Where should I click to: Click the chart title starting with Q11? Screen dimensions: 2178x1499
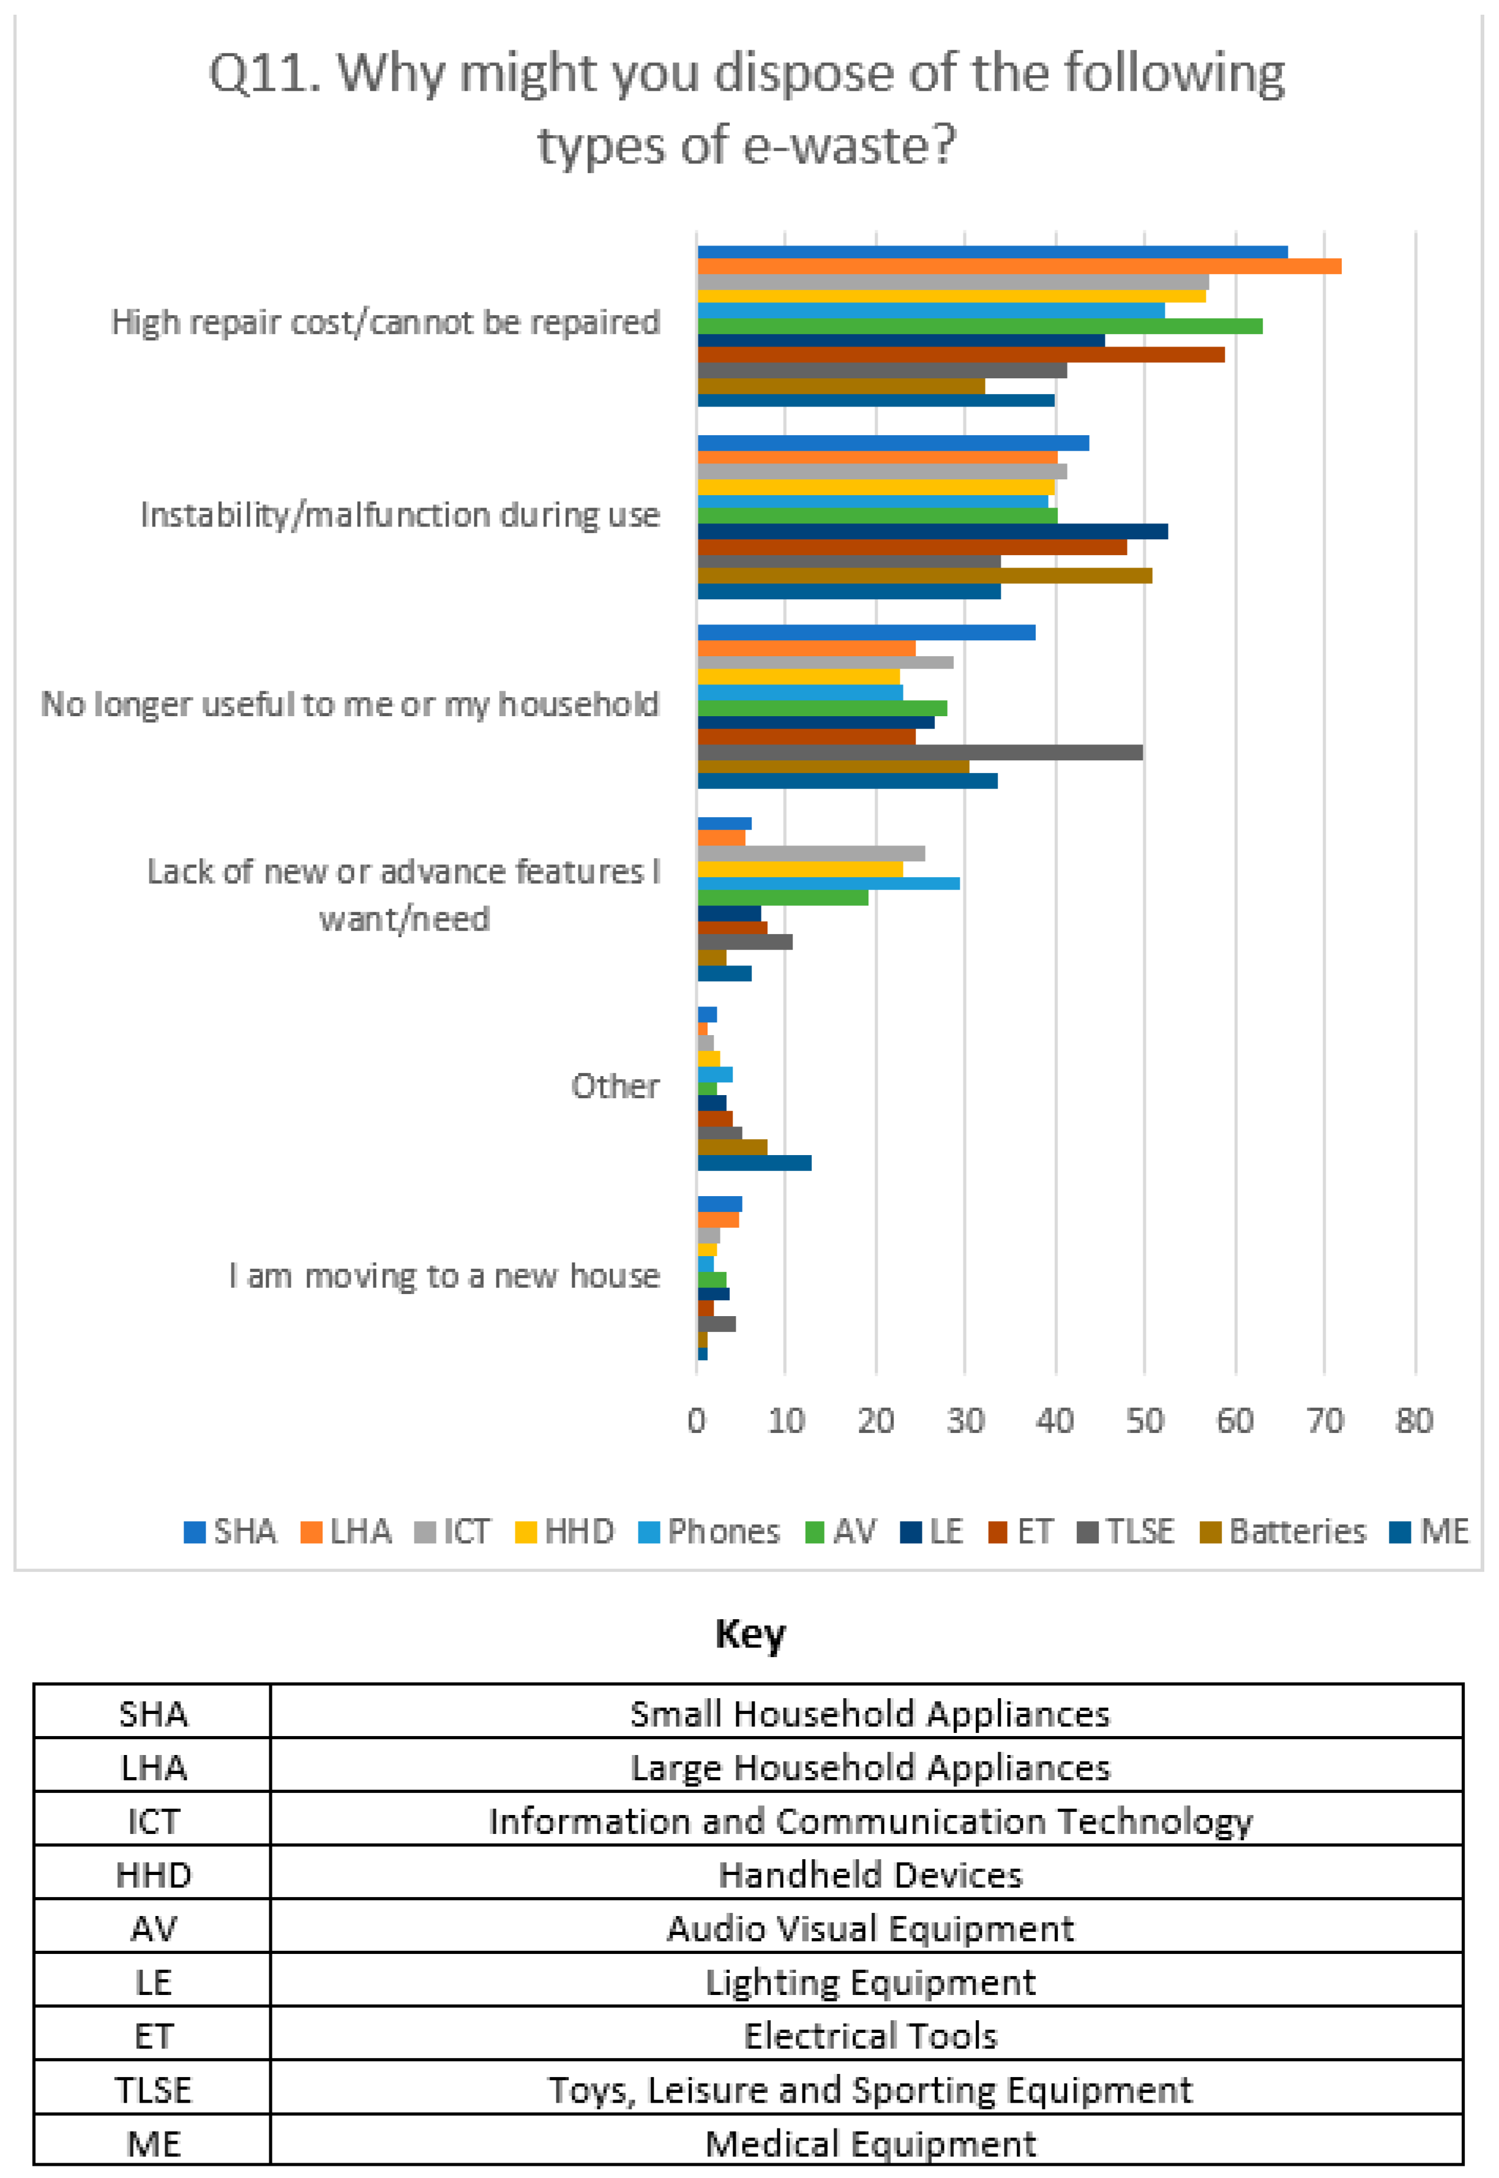tap(747, 108)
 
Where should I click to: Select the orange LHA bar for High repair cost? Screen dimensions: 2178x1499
tap(1019, 267)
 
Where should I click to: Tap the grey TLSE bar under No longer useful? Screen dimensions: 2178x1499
tap(921, 752)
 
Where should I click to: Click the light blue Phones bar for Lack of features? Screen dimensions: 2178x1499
tap(828, 883)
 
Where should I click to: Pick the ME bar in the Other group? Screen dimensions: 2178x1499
tap(754, 1162)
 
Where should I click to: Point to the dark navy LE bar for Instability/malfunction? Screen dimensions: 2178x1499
tap(933, 531)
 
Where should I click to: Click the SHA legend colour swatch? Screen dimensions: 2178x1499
tap(195, 1532)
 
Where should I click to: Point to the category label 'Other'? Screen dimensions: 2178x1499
tap(615, 1086)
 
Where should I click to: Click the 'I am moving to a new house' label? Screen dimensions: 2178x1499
tap(444, 1276)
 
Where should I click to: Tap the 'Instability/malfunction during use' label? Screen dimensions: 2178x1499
tap(400, 515)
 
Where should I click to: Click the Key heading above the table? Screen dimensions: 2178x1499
tap(749, 1634)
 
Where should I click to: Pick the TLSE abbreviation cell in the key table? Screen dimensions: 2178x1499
tap(153, 2090)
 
